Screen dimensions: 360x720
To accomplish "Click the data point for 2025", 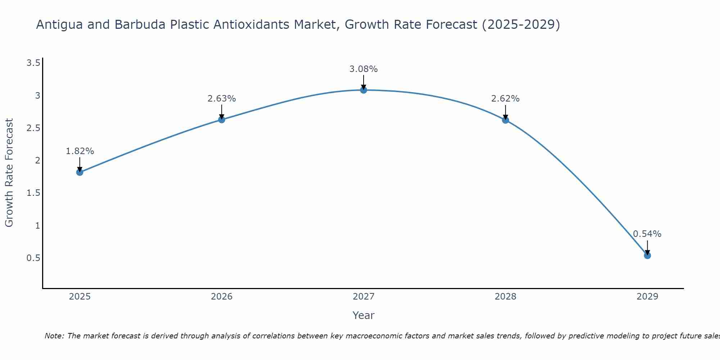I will tap(80, 172).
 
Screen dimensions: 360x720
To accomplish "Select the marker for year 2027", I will tap(364, 90).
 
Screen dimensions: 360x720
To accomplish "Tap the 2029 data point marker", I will tap(647, 256).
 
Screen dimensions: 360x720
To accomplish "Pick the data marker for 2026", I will tap(222, 120).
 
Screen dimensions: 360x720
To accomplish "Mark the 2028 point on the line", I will tap(505, 120).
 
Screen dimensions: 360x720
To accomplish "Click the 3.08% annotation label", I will tap(364, 69).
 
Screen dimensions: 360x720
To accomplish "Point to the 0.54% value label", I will tap(647, 234).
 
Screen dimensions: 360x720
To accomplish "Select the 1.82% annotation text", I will tap(80, 151).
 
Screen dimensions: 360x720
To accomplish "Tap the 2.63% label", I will tap(222, 99).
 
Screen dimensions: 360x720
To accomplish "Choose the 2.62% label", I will tap(505, 99).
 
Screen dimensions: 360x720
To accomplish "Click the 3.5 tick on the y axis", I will tap(33, 63).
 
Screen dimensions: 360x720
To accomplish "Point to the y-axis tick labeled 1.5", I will tap(33, 193).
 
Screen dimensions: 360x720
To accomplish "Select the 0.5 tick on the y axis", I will tap(33, 258).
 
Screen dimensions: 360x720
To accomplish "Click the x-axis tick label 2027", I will tap(364, 297).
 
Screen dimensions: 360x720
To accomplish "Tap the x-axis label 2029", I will tap(647, 297).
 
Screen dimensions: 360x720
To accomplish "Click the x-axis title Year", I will tap(364, 315).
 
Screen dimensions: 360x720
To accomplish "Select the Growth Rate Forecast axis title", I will tap(9, 173).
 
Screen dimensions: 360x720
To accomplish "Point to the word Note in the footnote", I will tap(54, 336).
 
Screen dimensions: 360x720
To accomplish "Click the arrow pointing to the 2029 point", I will tap(647, 248).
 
